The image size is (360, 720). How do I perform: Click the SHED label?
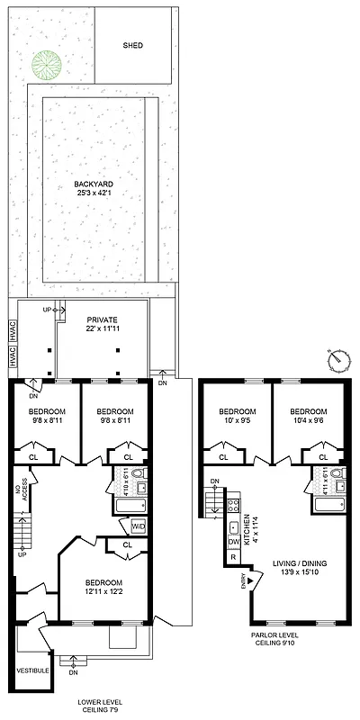click(x=133, y=45)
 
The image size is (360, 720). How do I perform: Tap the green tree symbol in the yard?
click(x=45, y=63)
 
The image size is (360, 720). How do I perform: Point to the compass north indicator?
click(x=338, y=361)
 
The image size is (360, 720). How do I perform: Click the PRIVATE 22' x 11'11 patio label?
click(x=102, y=325)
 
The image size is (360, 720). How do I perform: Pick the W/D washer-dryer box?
click(x=139, y=526)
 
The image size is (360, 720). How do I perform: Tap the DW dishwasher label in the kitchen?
click(x=233, y=542)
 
